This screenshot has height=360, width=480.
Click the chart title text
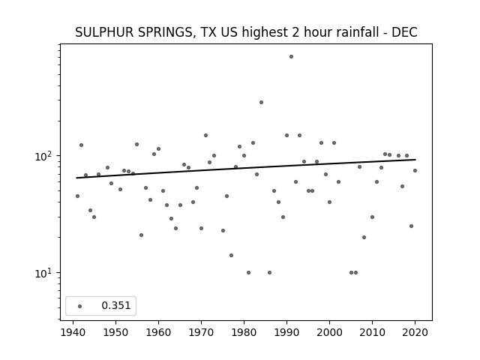point(246,32)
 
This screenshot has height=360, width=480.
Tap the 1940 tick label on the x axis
point(73,332)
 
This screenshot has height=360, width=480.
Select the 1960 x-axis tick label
point(158,332)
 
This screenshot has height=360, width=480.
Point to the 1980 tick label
point(244,332)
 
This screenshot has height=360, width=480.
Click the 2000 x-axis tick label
point(329,332)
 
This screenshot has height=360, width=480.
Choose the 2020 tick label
point(415,332)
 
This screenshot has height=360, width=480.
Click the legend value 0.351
point(116,305)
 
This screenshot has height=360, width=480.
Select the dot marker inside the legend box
point(80,306)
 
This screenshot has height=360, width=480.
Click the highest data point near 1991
point(291,57)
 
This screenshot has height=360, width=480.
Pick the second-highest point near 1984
point(261,102)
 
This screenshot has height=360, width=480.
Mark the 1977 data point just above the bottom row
point(231,255)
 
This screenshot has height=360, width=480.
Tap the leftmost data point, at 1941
point(77,196)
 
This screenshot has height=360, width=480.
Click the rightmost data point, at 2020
point(415,170)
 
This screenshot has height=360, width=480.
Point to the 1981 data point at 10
point(248,272)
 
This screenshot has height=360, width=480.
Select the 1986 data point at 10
point(269,272)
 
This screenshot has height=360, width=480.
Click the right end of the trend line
point(415,160)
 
